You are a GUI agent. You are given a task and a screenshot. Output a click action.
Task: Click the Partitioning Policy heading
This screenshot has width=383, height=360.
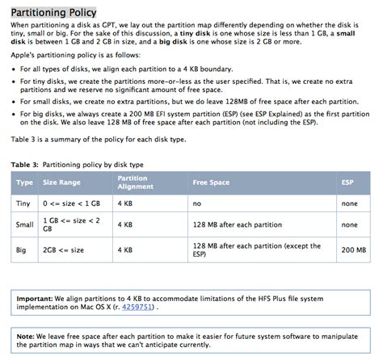[53, 12]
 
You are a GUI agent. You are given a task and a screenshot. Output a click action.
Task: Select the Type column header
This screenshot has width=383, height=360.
[24, 182]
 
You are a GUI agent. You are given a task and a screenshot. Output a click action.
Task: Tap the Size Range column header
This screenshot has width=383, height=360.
[61, 182]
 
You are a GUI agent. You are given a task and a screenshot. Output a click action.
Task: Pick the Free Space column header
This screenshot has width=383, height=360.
[212, 182]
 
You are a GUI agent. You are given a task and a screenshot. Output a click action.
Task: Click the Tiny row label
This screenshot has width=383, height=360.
[23, 203]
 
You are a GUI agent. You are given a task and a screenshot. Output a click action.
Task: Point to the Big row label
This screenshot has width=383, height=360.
[23, 251]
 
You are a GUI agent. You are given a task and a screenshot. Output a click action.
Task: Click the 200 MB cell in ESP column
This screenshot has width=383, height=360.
[353, 251]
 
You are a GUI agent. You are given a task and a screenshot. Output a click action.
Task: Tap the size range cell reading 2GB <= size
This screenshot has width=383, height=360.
[65, 251]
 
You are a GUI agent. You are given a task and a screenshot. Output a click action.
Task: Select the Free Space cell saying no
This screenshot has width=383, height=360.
[197, 203]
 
